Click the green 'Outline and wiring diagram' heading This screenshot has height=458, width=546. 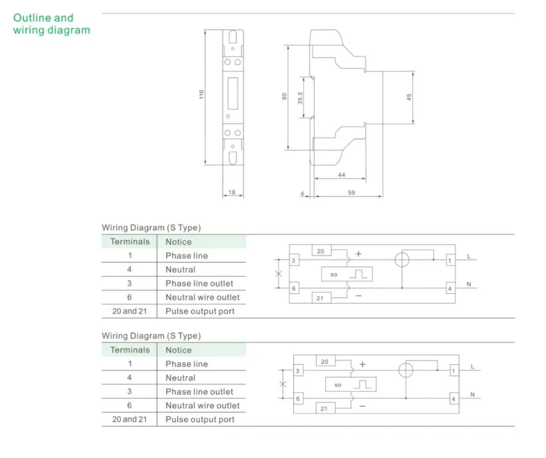52,24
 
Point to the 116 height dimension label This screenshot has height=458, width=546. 201,95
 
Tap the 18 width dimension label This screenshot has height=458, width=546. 232,192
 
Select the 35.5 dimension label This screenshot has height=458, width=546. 300,98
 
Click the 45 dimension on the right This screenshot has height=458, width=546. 409,97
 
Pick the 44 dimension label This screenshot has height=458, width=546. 342,175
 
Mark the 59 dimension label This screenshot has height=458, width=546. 351,192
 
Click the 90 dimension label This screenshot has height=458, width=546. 285,97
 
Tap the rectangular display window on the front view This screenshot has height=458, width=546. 233,93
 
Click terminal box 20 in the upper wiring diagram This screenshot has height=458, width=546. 322,251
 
